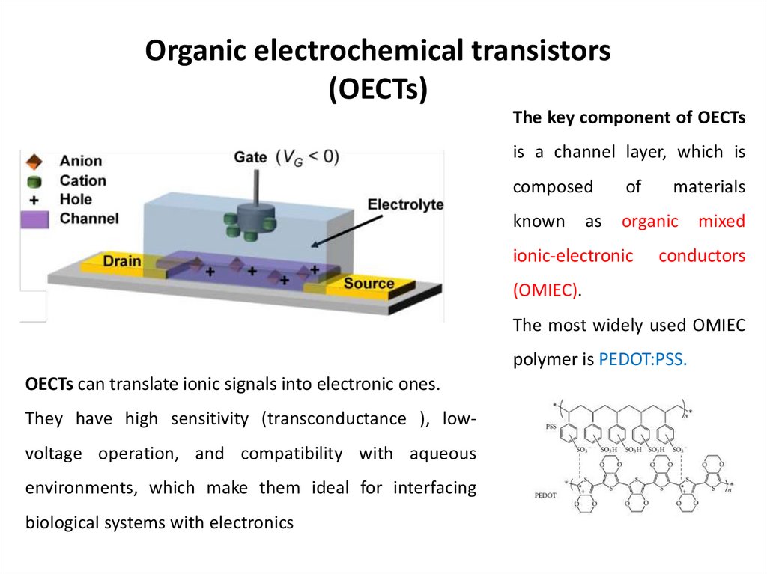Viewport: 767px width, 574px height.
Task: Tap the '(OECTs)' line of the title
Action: [378, 88]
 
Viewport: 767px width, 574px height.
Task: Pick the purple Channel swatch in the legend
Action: [34, 219]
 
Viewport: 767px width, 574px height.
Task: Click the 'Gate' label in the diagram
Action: [250, 157]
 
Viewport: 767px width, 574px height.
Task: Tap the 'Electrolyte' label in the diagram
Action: [406, 204]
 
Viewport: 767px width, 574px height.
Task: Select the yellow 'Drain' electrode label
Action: [121, 261]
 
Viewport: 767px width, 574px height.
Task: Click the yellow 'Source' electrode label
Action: [369, 284]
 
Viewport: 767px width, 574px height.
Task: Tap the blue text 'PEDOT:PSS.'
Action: [643, 359]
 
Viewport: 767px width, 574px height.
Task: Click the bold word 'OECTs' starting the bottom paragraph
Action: [49, 385]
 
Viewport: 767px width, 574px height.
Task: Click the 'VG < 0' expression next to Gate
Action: [307, 157]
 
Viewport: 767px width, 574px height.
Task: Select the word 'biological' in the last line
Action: [62, 522]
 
